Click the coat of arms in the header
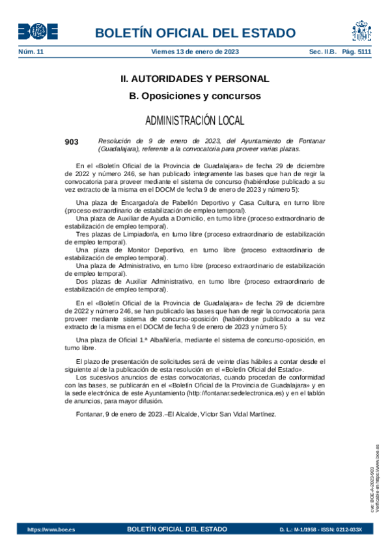tap(361, 31)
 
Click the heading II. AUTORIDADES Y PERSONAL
tap(195, 79)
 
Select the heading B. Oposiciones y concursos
tap(195, 96)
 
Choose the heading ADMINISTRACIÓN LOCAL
tap(195, 121)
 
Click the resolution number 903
tap(72, 141)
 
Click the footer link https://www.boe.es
tap(51, 530)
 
